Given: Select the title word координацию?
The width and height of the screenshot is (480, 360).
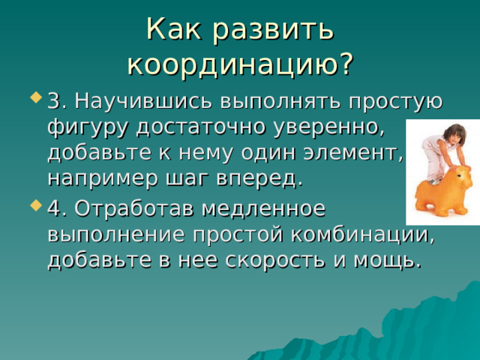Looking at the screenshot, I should pos(240,63).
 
